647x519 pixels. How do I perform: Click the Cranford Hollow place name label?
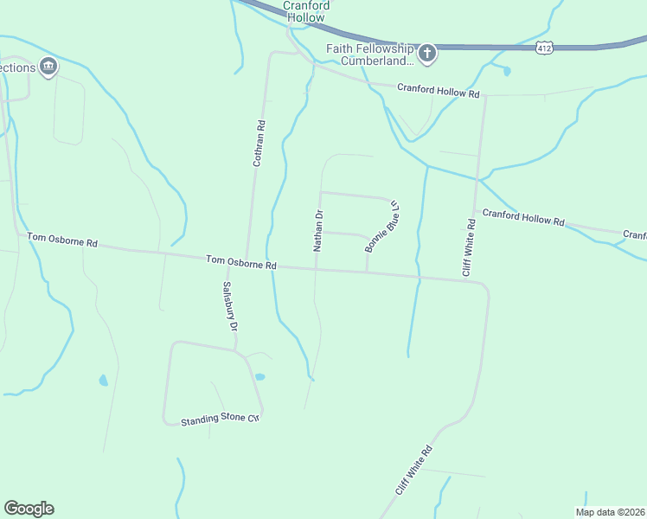[x=307, y=10]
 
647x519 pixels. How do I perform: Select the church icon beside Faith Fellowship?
[x=427, y=54]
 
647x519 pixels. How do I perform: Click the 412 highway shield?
[x=543, y=48]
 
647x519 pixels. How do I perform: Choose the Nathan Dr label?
[x=318, y=231]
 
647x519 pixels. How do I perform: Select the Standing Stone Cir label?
[x=220, y=420]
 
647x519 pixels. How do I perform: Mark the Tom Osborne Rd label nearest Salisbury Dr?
[x=240, y=261]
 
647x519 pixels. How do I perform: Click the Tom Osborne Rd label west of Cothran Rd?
[x=62, y=240]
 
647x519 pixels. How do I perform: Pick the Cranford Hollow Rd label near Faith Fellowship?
[x=438, y=90]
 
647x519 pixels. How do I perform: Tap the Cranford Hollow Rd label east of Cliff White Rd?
[x=523, y=217]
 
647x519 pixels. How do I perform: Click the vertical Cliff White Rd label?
[x=469, y=248]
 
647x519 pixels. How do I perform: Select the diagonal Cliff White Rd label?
[x=413, y=471]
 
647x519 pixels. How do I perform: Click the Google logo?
[x=29, y=509]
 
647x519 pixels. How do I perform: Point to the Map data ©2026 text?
[x=611, y=512]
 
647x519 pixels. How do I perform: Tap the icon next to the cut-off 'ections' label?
[x=48, y=67]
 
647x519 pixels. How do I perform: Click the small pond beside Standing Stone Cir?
[x=259, y=377]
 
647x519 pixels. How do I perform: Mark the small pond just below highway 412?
[x=506, y=71]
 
